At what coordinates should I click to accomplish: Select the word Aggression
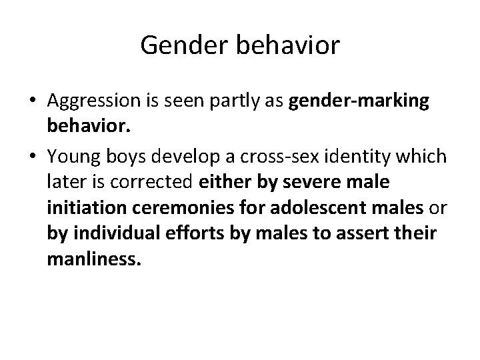click(93, 101)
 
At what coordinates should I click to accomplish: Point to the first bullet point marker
click(33, 102)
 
